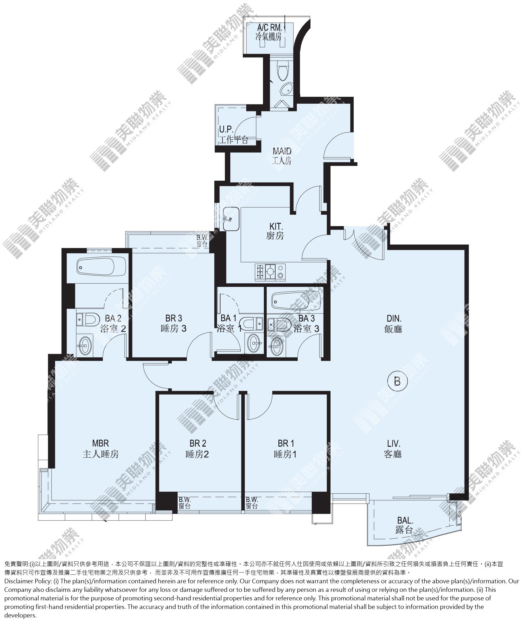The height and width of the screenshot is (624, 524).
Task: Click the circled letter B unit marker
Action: click(x=397, y=381)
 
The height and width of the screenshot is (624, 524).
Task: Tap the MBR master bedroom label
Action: click(x=100, y=449)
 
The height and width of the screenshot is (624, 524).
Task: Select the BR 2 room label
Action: click(x=198, y=449)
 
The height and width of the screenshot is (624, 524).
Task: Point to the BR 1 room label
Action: click(x=285, y=449)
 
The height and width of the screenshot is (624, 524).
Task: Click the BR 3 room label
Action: click(x=173, y=323)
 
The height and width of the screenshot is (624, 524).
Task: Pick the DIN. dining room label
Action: click(x=393, y=324)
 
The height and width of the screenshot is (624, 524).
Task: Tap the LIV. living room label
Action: click(x=393, y=449)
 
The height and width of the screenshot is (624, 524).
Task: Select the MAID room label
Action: click(x=282, y=155)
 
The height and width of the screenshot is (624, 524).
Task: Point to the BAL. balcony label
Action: click(x=405, y=525)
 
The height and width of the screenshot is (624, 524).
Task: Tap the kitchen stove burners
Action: click(x=270, y=272)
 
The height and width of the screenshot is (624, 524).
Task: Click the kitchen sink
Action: click(x=231, y=219)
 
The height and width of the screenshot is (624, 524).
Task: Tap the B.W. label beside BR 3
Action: click(x=202, y=241)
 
